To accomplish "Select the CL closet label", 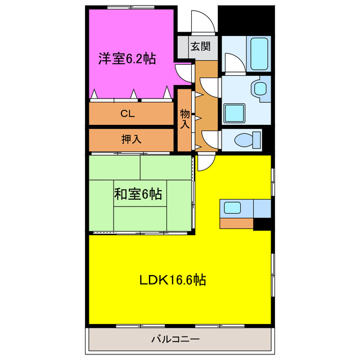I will pyautogui.click(x=128, y=114).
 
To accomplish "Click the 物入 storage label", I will pyautogui.click(x=185, y=119).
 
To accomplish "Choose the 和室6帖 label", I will pyautogui.click(x=138, y=195).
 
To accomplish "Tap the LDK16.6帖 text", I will pyautogui.click(x=172, y=280).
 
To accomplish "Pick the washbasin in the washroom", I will pyautogui.click(x=259, y=88).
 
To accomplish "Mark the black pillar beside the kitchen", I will pyautogui.click(x=261, y=224).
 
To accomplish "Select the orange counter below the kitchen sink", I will pyautogui.click(x=236, y=223).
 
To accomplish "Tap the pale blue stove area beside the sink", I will pyautogui.click(x=262, y=208).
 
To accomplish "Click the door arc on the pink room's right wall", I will pyautogui.click(x=183, y=72).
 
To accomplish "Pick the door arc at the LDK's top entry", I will pyautogui.click(x=206, y=161).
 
